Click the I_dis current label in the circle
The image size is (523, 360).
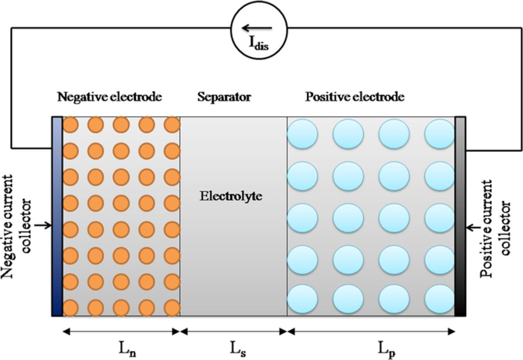(259, 43)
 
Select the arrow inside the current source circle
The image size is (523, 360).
(257, 28)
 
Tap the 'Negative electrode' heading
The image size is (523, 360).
(110, 97)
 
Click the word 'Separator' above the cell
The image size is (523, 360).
(224, 97)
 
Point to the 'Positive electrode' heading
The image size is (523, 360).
(355, 97)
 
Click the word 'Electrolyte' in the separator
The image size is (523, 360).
(230, 196)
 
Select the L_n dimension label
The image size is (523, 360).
(127, 349)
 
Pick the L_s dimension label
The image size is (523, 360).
(237, 349)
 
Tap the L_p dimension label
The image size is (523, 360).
(386, 349)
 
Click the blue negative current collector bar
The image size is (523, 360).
(57, 216)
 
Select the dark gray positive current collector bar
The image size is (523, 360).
(460, 216)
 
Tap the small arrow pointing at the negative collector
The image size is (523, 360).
(43, 225)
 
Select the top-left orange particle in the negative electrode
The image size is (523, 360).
(70, 125)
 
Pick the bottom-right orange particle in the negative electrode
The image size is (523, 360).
(172, 308)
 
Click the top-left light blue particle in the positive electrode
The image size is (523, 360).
(302, 134)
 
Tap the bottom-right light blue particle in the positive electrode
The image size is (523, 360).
(440, 299)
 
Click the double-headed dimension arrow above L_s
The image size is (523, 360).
(233, 331)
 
